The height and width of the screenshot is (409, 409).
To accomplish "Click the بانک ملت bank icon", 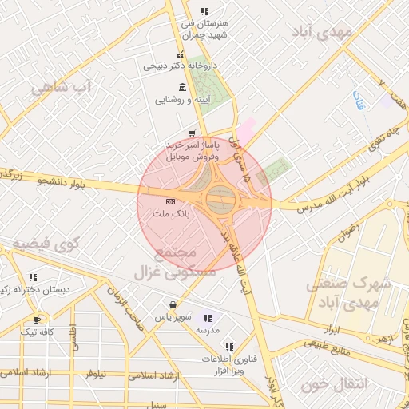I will tap(169, 201).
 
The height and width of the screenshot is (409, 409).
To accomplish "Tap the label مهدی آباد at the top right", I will tap(334, 33).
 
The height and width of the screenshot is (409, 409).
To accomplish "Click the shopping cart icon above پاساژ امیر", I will tap(191, 133).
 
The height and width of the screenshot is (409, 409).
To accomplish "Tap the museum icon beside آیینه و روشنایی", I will tap(183, 87).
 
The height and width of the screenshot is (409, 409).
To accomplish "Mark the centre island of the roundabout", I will tap(220, 198).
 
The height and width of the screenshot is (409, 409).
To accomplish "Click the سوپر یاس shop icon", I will tap(173, 304).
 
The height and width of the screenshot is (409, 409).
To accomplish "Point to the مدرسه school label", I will tap(207, 329).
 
